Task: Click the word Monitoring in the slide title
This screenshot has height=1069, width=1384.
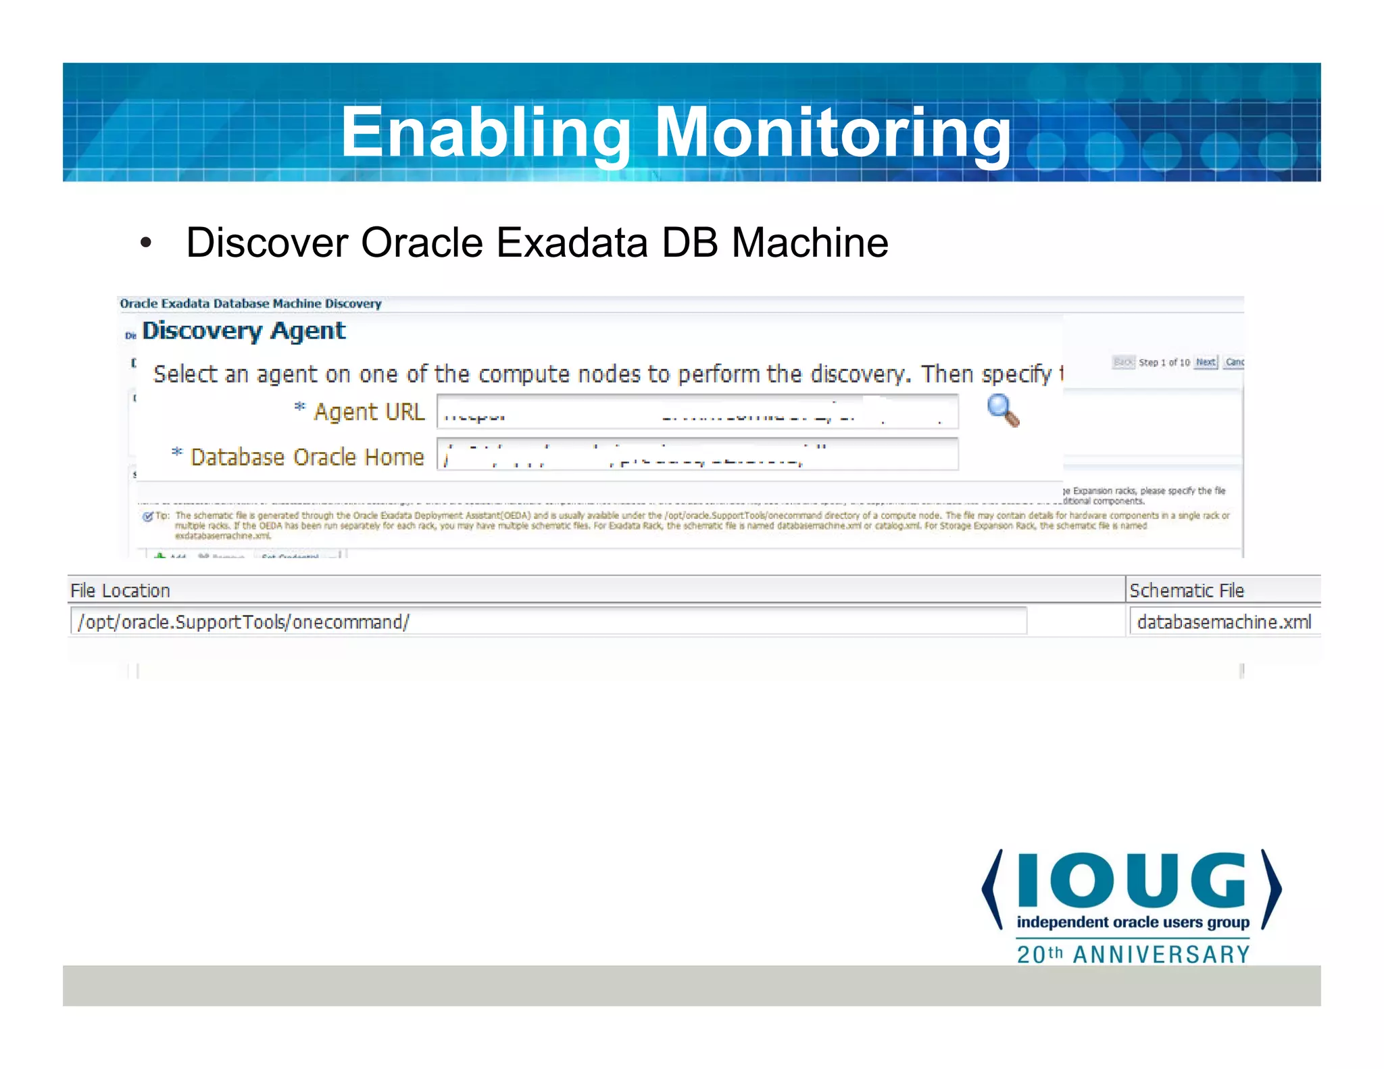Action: click(x=833, y=133)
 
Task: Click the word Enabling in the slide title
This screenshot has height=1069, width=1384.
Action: click(x=485, y=133)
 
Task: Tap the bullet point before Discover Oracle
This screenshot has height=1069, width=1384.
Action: click(x=145, y=243)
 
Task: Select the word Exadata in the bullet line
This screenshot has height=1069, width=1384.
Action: click(x=572, y=243)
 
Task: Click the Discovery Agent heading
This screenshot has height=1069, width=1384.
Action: click(x=244, y=331)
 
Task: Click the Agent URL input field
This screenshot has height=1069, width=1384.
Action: click(x=697, y=412)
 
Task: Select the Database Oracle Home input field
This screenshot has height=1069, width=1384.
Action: click(x=697, y=455)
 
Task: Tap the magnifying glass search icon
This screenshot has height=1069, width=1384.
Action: click(x=1002, y=410)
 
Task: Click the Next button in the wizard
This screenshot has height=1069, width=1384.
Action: click(x=1206, y=362)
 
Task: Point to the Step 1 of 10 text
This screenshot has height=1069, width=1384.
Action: click(x=1164, y=363)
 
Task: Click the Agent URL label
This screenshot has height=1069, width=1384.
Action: click(x=369, y=412)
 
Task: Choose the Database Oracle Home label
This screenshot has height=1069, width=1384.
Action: click(x=307, y=457)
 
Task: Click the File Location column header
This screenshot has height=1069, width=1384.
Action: click(x=120, y=591)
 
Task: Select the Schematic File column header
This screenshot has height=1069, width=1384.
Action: click(x=1186, y=591)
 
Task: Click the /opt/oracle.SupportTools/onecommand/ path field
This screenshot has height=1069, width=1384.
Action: click(x=547, y=622)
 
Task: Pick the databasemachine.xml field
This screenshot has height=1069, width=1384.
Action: click(x=1223, y=622)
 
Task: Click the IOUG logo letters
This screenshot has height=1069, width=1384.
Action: click(x=1131, y=881)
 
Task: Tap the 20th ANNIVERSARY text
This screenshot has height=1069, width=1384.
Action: click(x=1133, y=955)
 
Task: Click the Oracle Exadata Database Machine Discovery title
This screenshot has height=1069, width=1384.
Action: click(x=251, y=304)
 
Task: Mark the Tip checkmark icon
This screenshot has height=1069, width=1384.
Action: click(x=147, y=517)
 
